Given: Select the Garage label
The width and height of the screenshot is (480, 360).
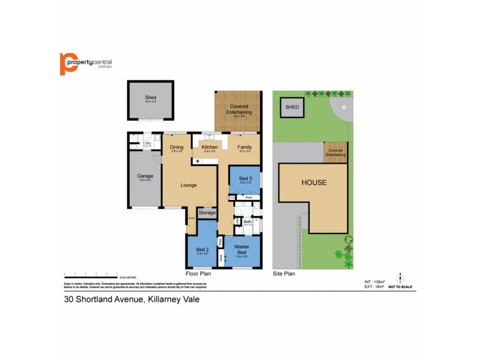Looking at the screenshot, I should click(x=145, y=176).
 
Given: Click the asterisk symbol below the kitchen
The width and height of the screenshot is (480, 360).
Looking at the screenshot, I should click(x=197, y=161).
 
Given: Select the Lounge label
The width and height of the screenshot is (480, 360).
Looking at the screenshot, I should click(x=189, y=185).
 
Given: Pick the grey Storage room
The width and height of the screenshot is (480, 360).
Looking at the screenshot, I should click(x=207, y=212).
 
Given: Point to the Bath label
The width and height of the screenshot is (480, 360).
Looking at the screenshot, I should click(x=247, y=222).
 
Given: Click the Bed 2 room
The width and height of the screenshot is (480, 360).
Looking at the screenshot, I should click(x=202, y=251).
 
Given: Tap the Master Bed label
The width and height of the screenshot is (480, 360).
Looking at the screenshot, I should click(x=242, y=248).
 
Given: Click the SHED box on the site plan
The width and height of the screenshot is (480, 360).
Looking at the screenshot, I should click(x=292, y=107).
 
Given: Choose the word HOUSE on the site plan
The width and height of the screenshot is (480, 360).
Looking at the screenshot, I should click(x=314, y=182).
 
